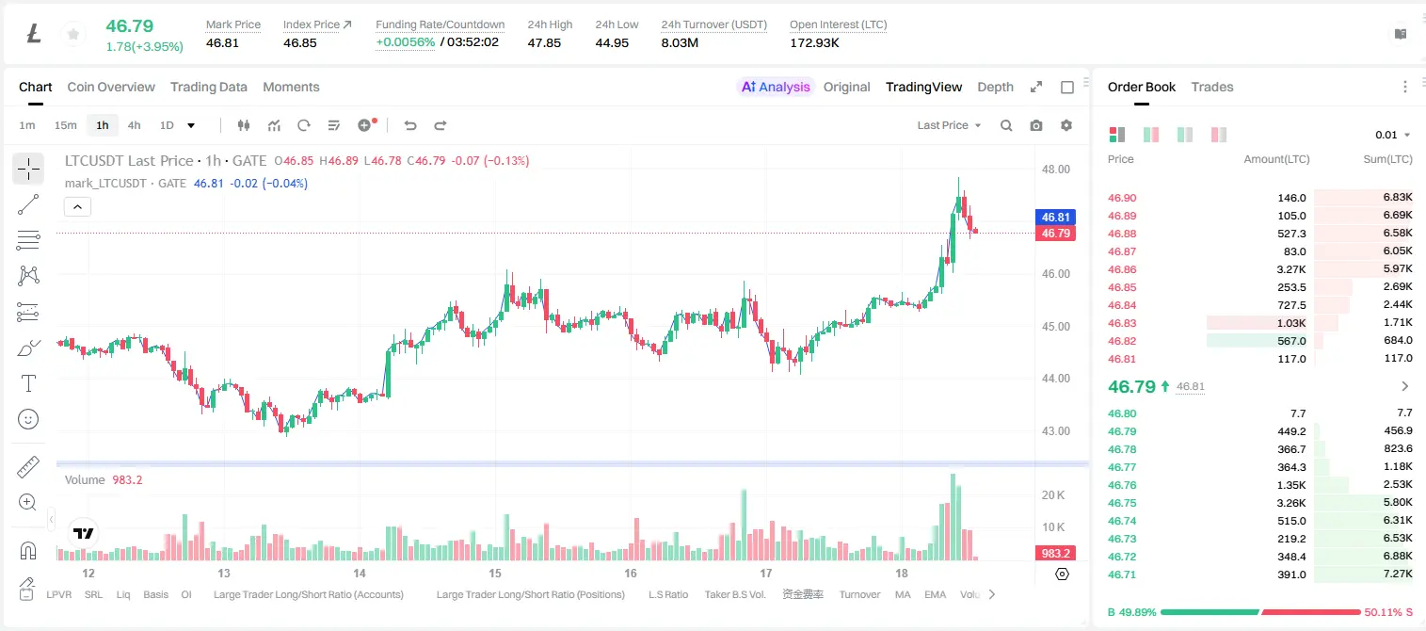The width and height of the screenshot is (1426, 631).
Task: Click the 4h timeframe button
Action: [x=134, y=125]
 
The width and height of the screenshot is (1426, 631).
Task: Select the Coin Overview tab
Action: [x=111, y=87]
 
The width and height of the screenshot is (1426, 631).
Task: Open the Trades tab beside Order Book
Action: [x=1212, y=87]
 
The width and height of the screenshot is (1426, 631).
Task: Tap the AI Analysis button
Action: [x=776, y=87]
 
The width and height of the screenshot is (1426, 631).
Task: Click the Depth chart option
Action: [x=995, y=87]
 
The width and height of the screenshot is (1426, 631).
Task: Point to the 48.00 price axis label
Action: [x=1055, y=170]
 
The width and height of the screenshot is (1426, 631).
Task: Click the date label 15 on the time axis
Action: [x=495, y=573]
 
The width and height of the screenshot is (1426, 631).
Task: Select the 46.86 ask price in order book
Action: [x=1122, y=269]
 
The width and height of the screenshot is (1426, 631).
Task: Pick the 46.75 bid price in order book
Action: [x=1122, y=503]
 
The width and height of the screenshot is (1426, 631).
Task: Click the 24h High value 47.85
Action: [x=544, y=42]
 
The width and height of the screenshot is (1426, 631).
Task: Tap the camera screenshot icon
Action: [x=1035, y=125]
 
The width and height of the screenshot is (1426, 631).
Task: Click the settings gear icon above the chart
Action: [x=1066, y=125]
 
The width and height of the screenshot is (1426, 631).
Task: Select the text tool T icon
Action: [x=28, y=384]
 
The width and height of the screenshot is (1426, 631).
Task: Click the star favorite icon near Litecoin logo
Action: [x=73, y=34]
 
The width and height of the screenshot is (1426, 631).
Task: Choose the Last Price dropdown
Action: [x=949, y=125]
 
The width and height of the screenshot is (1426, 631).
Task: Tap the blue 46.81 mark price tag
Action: [x=1055, y=218]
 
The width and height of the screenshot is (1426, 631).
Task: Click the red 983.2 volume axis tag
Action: [x=1055, y=554]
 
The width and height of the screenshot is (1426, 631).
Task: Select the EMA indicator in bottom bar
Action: [x=935, y=594]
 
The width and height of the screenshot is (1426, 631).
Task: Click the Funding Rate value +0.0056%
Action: [x=405, y=42]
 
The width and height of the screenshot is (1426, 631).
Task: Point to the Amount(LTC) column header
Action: [x=1276, y=159]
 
